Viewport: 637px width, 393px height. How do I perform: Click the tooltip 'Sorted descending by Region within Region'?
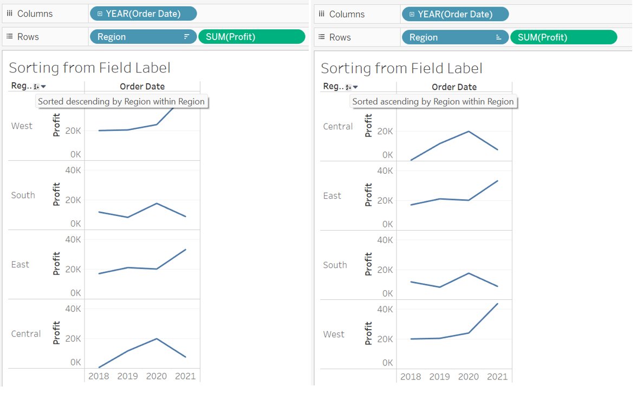[x=122, y=102]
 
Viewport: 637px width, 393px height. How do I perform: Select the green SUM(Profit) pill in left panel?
[x=252, y=37]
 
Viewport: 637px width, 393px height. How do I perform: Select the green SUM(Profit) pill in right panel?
[x=564, y=37]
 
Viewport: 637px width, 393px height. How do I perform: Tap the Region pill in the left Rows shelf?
[x=143, y=37]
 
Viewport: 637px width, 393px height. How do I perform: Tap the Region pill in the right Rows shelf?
[x=455, y=37]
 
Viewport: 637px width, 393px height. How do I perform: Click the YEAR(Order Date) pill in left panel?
[x=144, y=14]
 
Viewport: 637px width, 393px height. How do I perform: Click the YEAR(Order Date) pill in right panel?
[x=456, y=14]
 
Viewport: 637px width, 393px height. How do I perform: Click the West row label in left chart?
[x=22, y=126]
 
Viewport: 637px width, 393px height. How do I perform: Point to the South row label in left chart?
[x=23, y=195]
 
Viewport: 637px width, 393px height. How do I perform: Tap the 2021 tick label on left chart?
[x=186, y=377]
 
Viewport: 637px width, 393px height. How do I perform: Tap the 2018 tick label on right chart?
[x=411, y=378]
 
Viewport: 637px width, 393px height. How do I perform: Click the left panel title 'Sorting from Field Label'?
[x=90, y=68]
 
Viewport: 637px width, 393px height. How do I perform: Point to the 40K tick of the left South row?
[x=73, y=171]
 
